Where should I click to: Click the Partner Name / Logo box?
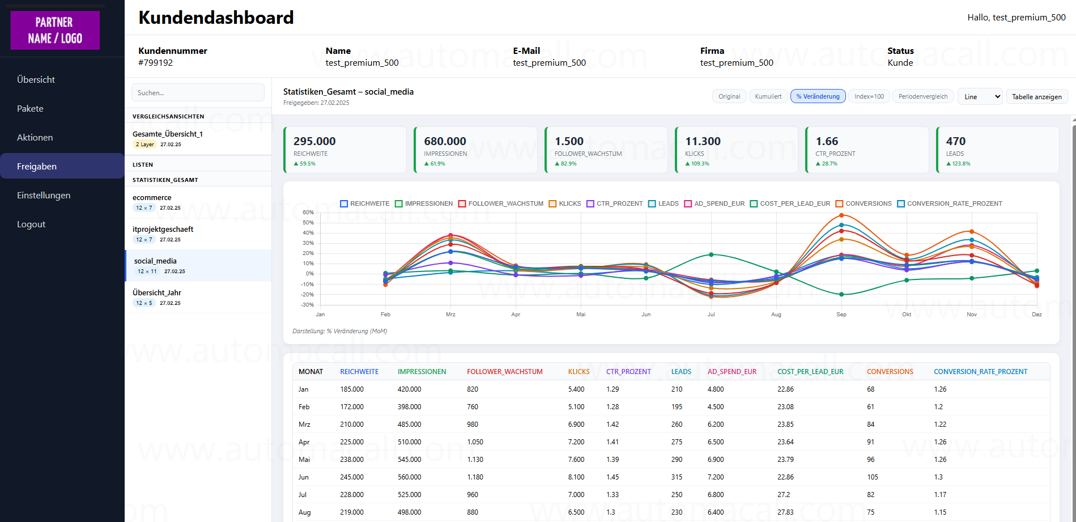pos(55,31)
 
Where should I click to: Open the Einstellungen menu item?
pos(44,195)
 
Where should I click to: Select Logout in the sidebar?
pos(31,224)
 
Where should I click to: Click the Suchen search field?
pos(198,92)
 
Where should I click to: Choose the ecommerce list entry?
pos(152,198)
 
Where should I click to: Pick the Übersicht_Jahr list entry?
pos(157,293)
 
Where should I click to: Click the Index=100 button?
pos(869,96)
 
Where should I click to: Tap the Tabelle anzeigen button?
pos(1036,97)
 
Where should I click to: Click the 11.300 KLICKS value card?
pos(736,150)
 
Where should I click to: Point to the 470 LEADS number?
pos(955,141)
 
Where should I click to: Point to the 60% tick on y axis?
pos(308,213)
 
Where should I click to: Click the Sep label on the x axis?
pos(841,314)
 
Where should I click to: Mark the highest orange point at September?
pos(841,215)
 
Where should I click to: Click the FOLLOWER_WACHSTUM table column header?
pos(504,372)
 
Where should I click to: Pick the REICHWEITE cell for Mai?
pos(352,460)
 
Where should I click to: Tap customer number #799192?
pos(155,63)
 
